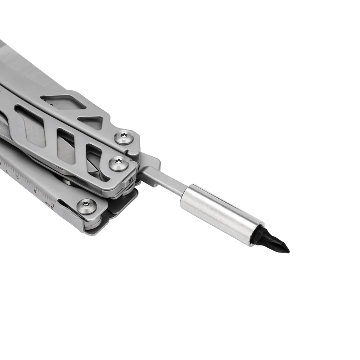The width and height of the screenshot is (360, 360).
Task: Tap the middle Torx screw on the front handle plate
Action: pos(118,163)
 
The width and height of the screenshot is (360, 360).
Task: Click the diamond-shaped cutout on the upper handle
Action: pos(63,102)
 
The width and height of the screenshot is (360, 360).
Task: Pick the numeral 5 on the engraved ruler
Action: pos(17,177)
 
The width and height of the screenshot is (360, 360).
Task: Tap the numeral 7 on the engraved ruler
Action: pos(53,204)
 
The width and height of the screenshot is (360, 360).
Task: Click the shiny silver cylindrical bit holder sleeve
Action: pos(221,215)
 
